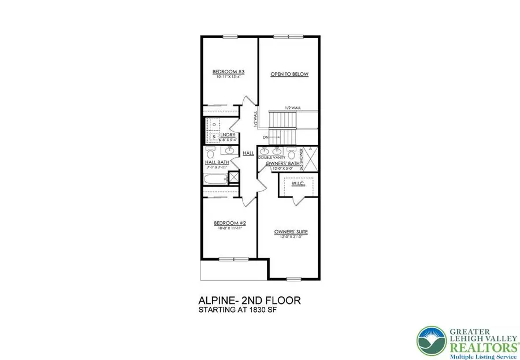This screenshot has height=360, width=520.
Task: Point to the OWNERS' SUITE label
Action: coord(291,232)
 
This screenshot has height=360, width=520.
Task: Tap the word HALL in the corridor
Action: coord(248,153)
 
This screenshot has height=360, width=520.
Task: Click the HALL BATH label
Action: coord(217,163)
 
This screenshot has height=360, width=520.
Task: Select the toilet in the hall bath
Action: coord(210,154)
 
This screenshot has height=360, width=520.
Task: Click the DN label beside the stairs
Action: coord(265,137)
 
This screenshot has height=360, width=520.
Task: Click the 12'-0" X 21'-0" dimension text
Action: coord(291,237)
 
